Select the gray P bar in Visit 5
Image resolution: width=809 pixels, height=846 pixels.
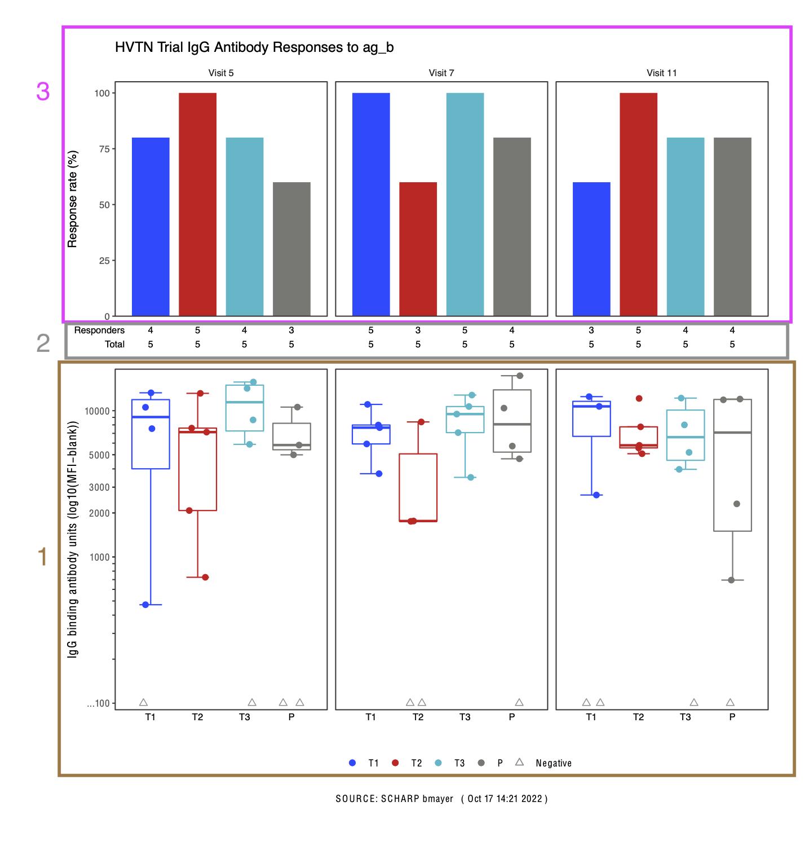pos(291,249)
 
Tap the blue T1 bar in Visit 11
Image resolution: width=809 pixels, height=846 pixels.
pos(591,249)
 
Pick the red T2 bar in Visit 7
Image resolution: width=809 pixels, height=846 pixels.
pos(418,249)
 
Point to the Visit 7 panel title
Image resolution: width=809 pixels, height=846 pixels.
pos(441,73)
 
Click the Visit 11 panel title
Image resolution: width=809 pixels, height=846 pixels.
pos(661,73)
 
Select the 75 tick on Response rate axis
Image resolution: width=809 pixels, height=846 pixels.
pos(104,149)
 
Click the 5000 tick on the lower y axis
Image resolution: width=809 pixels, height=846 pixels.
pos(99,455)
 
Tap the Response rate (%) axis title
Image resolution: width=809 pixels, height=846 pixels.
pos(72,199)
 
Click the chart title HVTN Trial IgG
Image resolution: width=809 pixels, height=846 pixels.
pos(254,47)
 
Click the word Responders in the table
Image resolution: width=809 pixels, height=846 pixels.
pos(99,330)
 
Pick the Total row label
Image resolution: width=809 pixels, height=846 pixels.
pos(114,344)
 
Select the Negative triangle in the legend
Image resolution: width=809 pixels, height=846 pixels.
pos(519,762)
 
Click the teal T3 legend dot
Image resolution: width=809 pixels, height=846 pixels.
pos(438,763)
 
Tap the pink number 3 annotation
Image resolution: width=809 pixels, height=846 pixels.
pos(43,91)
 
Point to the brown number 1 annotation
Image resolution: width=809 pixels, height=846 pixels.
pos(42,557)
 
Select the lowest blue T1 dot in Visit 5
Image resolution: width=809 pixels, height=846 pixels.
pos(145,605)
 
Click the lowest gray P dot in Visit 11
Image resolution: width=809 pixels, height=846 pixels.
pos(731,580)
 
